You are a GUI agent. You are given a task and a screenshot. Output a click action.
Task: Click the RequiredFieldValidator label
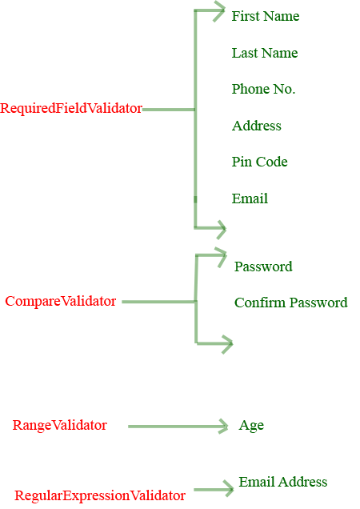pyautogui.click(x=71, y=108)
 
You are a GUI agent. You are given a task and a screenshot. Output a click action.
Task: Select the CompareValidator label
pyautogui.click(x=61, y=302)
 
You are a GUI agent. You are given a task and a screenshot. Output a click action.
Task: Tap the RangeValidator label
pyautogui.click(x=59, y=426)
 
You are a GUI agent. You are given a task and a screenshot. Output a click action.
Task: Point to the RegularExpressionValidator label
pyautogui.click(x=100, y=496)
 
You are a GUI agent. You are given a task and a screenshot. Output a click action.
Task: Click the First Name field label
pyautogui.click(x=265, y=16)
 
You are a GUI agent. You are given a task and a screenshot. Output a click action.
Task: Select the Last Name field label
pyautogui.click(x=264, y=53)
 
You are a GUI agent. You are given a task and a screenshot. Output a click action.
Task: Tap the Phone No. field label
pyautogui.click(x=263, y=89)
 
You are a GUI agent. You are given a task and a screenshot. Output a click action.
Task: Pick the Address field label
pyautogui.click(x=256, y=126)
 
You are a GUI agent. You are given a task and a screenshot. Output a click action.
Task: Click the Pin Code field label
pyautogui.click(x=259, y=162)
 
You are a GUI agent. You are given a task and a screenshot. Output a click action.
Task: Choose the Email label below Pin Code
pyautogui.click(x=250, y=198)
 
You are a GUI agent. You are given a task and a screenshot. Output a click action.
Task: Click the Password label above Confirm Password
pyautogui.click(x=263, y=267)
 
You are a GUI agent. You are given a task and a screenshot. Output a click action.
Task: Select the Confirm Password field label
pyautogui.click(x=290, y=303)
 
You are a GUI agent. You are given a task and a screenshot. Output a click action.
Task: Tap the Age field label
pyautogui.click(x=251, y=426)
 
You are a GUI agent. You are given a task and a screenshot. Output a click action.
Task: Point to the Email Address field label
pyautogui.click(x=282, y=482)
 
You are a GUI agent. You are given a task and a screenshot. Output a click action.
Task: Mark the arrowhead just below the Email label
pyautogui.click(x=220, y=229)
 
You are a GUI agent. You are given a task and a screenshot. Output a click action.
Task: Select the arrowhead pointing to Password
pyautogui.click(x=222, y=256)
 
